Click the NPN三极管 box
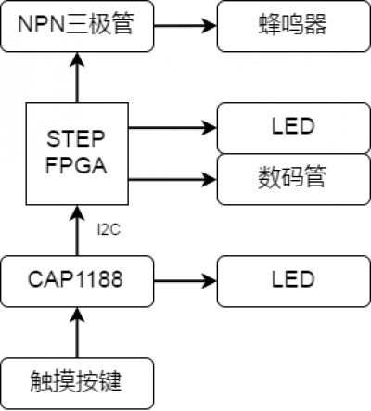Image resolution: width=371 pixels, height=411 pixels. coord(77,26)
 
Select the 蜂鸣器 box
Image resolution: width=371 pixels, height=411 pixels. coord(294,26)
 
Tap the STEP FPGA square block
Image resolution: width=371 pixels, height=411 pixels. coord(77,154)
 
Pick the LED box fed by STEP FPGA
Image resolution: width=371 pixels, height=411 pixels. coord(294,128)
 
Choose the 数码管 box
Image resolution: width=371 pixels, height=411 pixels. coord(294,179)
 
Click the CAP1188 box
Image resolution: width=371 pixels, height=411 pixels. coord(77,281)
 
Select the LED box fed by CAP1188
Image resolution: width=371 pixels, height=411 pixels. coord(294,281)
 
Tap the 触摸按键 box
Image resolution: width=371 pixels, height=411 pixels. coord(77,383)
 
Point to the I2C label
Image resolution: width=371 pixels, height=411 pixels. coord(109,230)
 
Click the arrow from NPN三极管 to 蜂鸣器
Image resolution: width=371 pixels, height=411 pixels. coord(185,26)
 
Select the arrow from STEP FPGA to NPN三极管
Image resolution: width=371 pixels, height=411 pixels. coord(77,77)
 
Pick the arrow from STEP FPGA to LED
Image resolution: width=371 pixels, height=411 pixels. coord(173,128)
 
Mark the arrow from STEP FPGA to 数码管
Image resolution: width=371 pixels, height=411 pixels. coord(173,179)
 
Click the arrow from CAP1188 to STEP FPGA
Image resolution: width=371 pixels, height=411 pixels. coord(77,230)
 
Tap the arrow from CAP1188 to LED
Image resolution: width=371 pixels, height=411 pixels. coord(185,281)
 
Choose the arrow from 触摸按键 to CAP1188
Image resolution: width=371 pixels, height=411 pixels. coord(77,332)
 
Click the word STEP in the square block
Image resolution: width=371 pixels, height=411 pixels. coord(76,139)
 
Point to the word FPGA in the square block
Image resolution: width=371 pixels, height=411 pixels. coord(76,165)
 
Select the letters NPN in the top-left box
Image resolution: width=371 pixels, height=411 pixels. coord(41,24)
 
